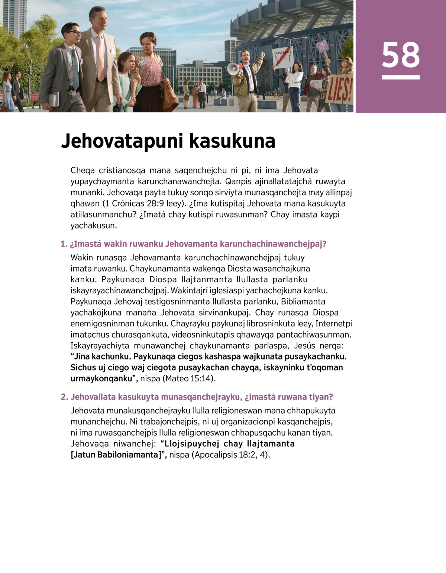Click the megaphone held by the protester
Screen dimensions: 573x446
click(233, 69)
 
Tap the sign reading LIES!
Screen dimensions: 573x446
click(339, 90)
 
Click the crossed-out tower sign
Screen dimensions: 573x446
click(282, 58)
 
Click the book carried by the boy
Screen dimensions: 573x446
click(54, 99)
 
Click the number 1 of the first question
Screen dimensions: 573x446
click(64, 244)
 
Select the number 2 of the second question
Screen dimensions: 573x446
click(64, 397)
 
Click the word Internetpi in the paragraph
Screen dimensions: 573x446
click(333, 323)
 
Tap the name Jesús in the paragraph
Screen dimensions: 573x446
click(304, 345)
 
